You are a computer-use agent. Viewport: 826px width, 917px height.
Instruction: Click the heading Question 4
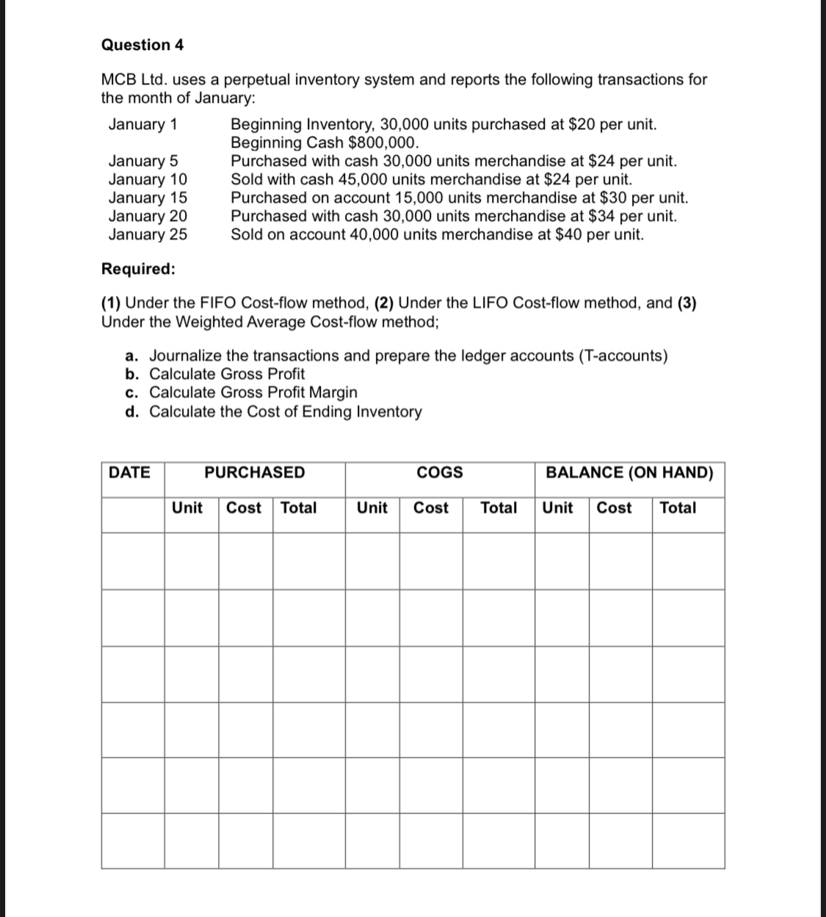coord(142,45)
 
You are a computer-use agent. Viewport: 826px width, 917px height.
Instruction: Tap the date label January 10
coord(148,179)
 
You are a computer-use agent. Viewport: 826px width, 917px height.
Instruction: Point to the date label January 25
coord(148,234)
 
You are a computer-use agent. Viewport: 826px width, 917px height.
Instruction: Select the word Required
coord(138,269)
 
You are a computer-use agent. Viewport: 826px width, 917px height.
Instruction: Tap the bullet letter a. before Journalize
coord(132,355)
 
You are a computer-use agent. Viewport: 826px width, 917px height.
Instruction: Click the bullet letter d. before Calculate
coord(132,411)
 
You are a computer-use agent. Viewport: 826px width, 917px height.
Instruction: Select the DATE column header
coord(129,472)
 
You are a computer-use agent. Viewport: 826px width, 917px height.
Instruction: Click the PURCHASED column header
coord(254,472)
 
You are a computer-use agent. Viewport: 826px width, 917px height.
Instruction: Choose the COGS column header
coord(440,472)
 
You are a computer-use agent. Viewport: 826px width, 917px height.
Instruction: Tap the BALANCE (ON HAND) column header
coord(629,472)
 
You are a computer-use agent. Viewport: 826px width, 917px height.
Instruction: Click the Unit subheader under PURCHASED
coord(187,507)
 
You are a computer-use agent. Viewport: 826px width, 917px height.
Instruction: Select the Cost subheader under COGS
coord(431,507)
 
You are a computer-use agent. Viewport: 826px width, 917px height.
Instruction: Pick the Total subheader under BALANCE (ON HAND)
coord(678,507)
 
